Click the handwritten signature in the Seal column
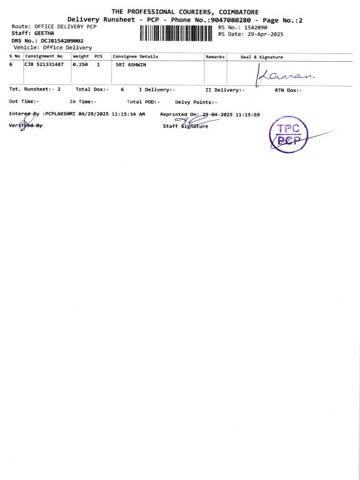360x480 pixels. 286,74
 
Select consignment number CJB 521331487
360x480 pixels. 44,64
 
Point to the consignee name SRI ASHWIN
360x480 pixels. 131,64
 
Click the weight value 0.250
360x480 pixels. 80,64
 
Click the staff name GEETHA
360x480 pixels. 44,34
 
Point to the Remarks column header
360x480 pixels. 215,56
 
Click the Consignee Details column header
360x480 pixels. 137,56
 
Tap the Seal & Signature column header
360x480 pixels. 262,56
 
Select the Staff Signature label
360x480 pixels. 185,126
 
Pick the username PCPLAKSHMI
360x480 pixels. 61,113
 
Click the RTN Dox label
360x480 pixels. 288,89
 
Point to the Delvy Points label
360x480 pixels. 196,102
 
